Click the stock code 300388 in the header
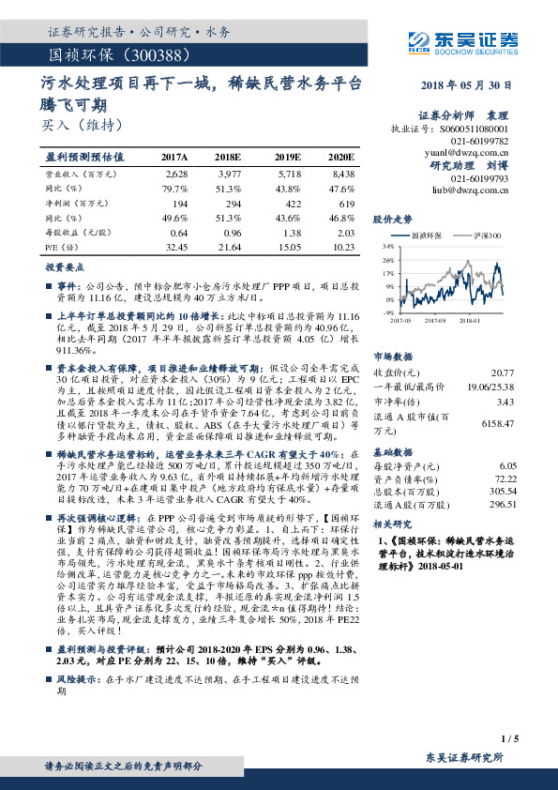pos(139,54)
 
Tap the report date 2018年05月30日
pos(471,84)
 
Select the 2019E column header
pos(287,157)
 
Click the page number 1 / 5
pos(510,740)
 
